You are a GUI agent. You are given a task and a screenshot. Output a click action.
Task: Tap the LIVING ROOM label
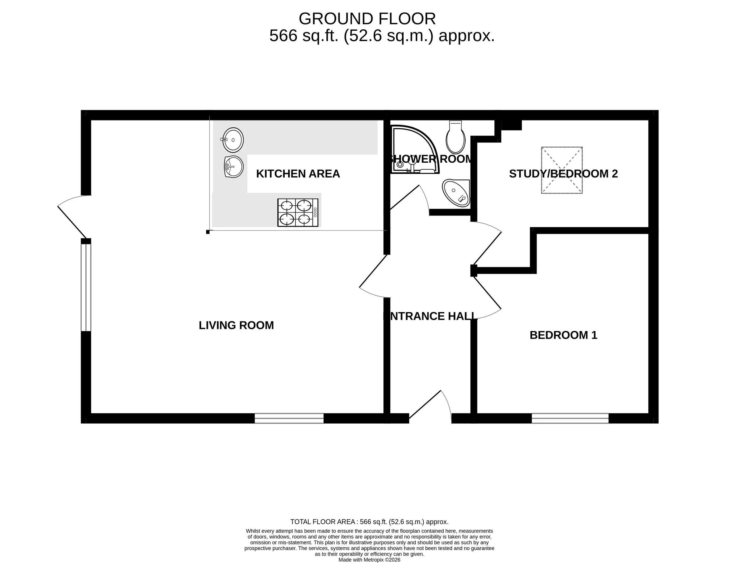236,325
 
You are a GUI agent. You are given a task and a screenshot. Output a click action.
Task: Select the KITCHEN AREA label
298,174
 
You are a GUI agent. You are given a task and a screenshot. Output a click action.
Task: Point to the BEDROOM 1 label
563,335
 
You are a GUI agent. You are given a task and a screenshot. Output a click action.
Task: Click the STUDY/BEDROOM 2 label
563,174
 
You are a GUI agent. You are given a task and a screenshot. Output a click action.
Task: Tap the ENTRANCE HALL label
430,316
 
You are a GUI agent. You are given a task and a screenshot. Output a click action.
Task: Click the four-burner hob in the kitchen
298,213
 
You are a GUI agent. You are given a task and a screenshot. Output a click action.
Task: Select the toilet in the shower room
456,137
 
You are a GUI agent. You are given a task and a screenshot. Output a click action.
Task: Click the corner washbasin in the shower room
456,193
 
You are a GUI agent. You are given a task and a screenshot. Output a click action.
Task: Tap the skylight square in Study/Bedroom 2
562,170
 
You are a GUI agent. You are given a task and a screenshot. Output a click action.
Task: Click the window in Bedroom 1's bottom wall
570,419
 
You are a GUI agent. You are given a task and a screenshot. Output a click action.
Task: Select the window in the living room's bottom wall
289,419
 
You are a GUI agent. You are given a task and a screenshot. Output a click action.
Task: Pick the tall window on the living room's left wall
86,288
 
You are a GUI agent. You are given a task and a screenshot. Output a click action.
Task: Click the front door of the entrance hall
430,407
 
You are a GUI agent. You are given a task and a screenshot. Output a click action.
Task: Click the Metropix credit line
369,560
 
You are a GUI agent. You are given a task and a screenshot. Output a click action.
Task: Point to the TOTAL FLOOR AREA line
369,522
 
